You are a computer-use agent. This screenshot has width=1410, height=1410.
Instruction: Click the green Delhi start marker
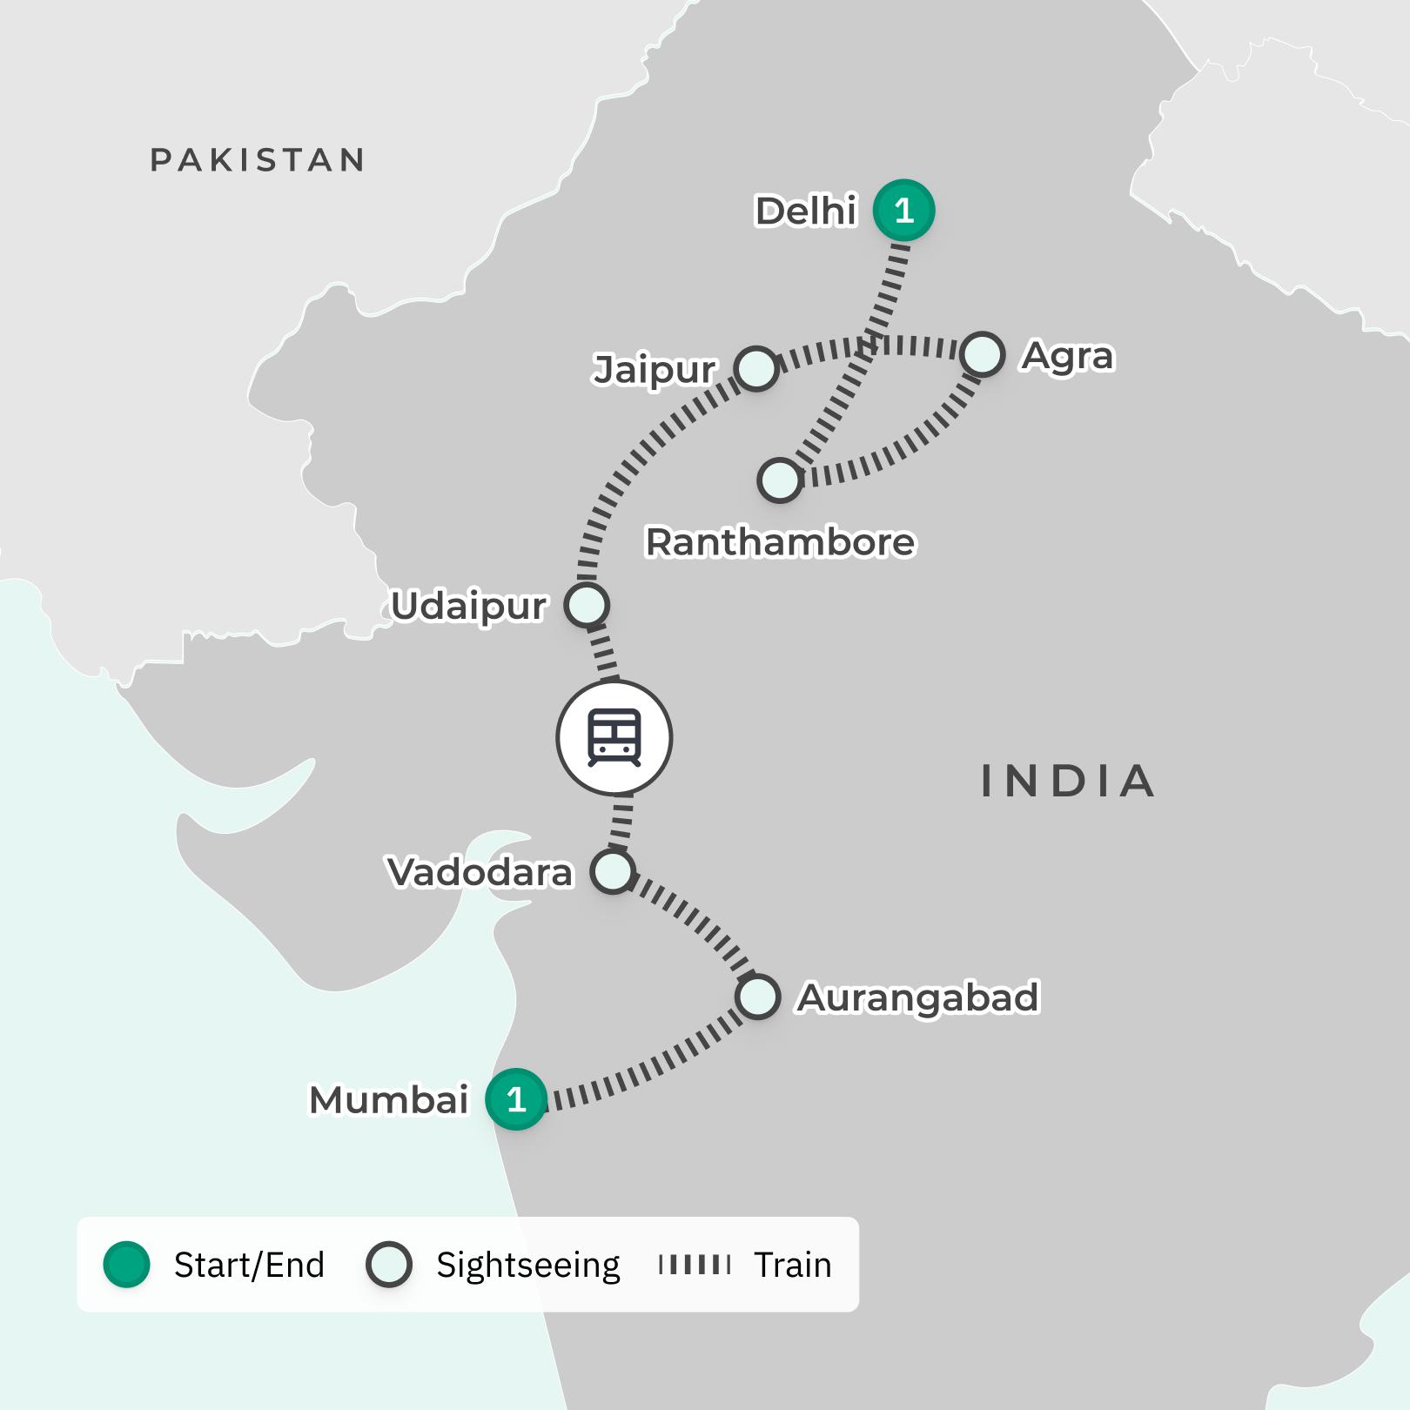click(x=903, y=211)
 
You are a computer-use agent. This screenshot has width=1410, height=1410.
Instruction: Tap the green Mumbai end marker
click(x=516, y=1099)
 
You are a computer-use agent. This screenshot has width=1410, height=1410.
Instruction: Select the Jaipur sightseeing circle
click(x=755, y=368)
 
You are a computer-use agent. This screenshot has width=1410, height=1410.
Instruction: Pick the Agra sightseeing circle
click(x=983, y=354)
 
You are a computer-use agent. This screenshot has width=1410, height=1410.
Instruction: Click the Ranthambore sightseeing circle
click(x=779, y=480)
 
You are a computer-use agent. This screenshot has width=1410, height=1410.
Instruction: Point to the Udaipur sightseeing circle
click(x=587, y=605)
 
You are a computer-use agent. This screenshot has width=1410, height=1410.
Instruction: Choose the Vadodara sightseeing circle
click(x=613, y=871)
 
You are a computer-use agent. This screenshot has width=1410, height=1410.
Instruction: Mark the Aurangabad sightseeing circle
click(x=756, y=997)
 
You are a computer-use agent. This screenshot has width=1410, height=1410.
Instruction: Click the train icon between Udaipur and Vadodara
click(x=614, y=738)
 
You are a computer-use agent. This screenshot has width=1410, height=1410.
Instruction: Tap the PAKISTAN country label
click(x=258, y=160)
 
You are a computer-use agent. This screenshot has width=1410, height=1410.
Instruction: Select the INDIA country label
click(x=1068, y=781)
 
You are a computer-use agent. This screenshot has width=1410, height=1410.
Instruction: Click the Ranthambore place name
click(x=780, y=542)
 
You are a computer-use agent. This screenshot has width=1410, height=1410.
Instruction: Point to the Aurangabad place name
click(x=917, y=997)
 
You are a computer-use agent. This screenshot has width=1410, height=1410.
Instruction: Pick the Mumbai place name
click(x=389, y=1100)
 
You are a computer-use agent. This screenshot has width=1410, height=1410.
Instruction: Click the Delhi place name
click(x=806, y=211)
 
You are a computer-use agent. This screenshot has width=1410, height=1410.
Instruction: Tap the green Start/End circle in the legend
click(x=127, y=1265)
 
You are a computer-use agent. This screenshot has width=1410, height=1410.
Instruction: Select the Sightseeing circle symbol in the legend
click(x=388, y=1265)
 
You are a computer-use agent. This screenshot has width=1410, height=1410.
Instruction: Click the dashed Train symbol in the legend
click(x=695, y=1265)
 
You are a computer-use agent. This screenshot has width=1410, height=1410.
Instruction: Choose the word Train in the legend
click(x=792, y=1265)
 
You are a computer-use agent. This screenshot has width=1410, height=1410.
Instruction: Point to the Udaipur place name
click(x=468, y=606)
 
